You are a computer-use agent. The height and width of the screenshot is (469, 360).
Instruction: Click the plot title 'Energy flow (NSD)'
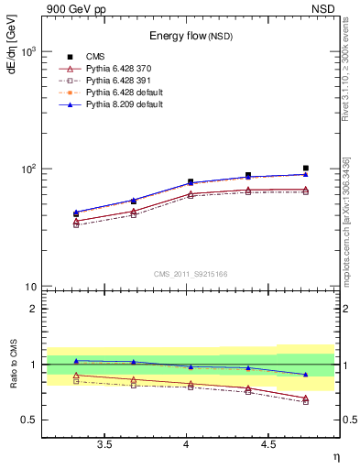pos(190,36)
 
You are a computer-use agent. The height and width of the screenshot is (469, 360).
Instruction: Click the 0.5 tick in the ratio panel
pos(29,420)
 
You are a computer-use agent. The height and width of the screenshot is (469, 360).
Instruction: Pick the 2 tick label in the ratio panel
pos(33,309)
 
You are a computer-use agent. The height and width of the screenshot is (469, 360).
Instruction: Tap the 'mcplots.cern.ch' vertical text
pos(348,247)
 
